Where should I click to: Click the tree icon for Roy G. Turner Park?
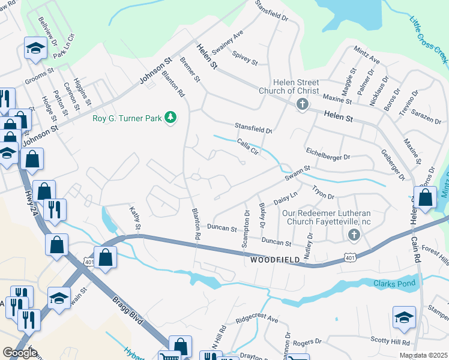(x=170, y=118)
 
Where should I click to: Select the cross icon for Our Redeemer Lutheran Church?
(x=354, y=235)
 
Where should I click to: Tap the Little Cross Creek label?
(x=429, y=38)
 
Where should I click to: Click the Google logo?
(x=20, y=353)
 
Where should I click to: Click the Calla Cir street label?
(x=247, y=145)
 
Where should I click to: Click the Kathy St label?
(x=135, y=218)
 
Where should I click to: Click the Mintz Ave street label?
(x=367, y=56)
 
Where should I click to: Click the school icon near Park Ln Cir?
(x=35, y=47)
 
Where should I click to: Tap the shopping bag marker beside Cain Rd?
(x=425, y=197)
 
